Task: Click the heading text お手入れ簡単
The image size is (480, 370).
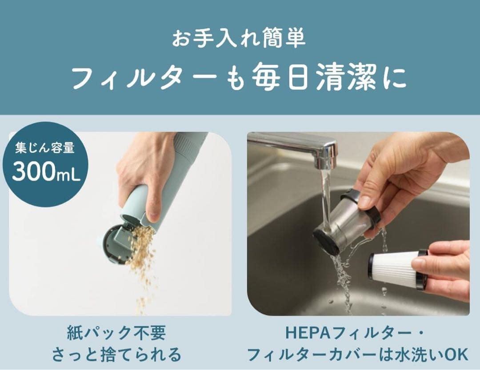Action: click(x=239, y=39)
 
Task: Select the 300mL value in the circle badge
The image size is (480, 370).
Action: click(x=46, y=172)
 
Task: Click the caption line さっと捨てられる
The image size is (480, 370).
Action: click(x=116, y=354)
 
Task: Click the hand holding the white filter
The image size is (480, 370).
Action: click(x=444, y=267)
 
